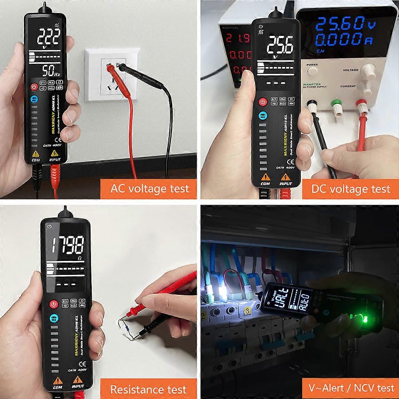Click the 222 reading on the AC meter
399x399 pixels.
(x=49, y=38)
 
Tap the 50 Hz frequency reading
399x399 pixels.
(x=51, y=71)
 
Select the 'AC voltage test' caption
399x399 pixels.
(x=149, y=188)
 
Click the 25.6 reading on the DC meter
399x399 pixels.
(x=280, y=45)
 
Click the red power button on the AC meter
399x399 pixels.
(x=34, y=87)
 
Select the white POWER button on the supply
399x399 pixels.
(x=312, y=71)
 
